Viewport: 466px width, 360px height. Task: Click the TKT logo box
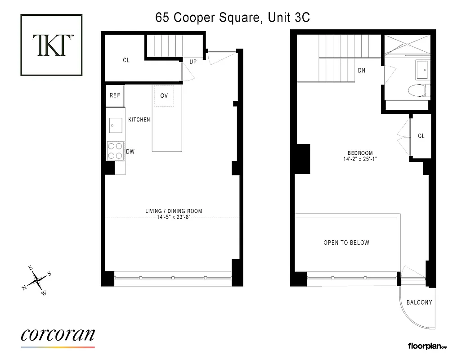(x=52, y=45)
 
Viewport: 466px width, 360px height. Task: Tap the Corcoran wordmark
(x=58, y=335)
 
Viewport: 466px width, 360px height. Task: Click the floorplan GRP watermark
(x=427, y=346)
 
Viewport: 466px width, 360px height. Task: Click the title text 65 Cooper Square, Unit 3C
(x=233, y=18)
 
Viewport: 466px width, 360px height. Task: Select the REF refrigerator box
(x=115, y=95)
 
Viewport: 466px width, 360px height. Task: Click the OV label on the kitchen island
(x=164, y=96)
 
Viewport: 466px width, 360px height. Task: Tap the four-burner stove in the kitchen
(x=115, y=151)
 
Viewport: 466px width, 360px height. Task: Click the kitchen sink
(x=115, y=125)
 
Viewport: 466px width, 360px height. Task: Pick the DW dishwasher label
(x=130, y=152)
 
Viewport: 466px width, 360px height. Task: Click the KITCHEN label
(x=139, y=120)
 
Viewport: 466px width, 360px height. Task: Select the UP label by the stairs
(x=193, y=62)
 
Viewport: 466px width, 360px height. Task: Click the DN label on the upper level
(x=361, y=70)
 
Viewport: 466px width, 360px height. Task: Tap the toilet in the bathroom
(x=418, y=91)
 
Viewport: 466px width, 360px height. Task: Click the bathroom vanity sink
(x=423, y=68)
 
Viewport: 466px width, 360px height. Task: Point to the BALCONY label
(x=419, y=302)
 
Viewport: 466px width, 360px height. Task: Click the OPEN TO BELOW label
(x=346, y=243)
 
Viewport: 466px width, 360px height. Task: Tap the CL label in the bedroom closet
(x=421, y=136)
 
